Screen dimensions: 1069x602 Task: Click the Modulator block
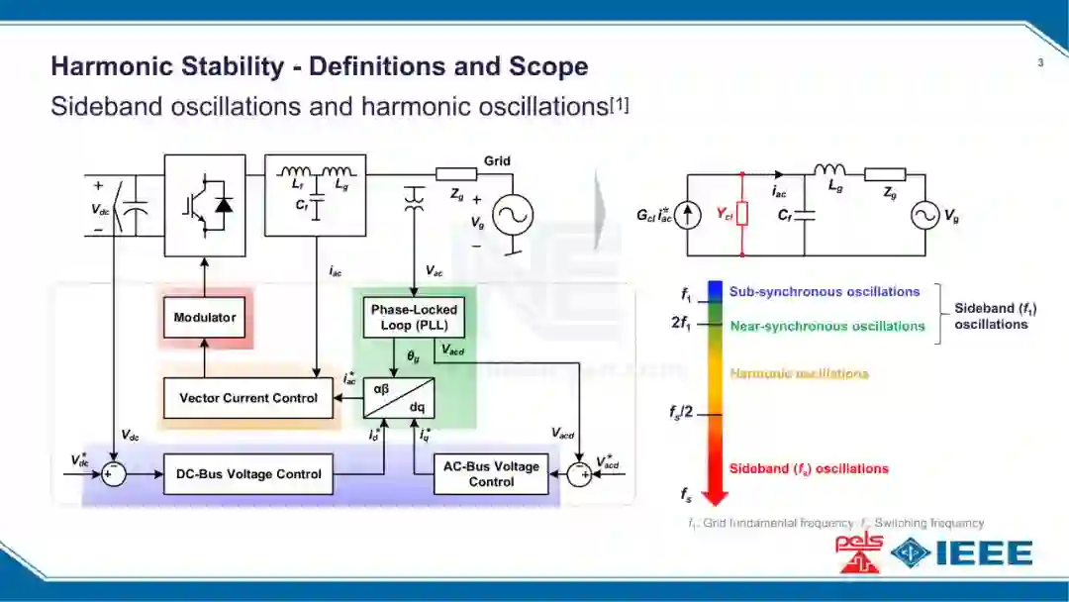click(x=205, y=317)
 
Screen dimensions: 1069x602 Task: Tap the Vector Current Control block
click(x=248, y=398)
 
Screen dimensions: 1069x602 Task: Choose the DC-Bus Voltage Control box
click(x=248, y=474)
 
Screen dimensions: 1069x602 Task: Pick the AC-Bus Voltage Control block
click(x=491, y=474)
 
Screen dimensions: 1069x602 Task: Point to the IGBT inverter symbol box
click(x=205, y=205)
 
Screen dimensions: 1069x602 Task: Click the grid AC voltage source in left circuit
click(x=513, y=214)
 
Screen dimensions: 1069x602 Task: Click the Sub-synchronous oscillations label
click(x=825, y=292)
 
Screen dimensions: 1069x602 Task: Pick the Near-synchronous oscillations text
click(x=827, y=326)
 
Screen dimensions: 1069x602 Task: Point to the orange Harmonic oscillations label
click(x=799, y=373)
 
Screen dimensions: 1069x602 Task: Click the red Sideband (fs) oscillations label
click(x=809, y=468)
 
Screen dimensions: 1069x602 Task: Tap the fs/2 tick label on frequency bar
click(x=683, y=413)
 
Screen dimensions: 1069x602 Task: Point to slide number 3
click(x=1040, y=64)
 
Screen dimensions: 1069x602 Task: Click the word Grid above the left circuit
click(x=497, y=161)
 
